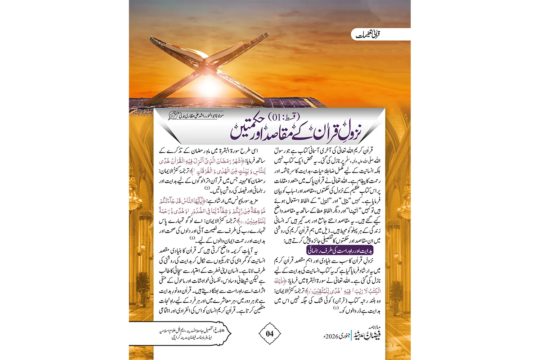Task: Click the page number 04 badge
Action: click(x=270, y=334)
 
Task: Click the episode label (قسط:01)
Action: click(x=284, y=117)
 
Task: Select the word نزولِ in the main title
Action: click(x=349, y=132)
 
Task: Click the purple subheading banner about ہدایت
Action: click(x=339, y=250)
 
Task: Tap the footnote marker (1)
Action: click(x=336, y=309)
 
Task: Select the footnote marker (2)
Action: click(x=207, y=188)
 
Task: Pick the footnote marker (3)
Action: click(x=192, y=238)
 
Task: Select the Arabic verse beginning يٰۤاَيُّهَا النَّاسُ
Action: click(x=212, y=211)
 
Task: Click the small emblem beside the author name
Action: click(x=173, y=116)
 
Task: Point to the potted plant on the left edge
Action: click(x=143, y=286)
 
